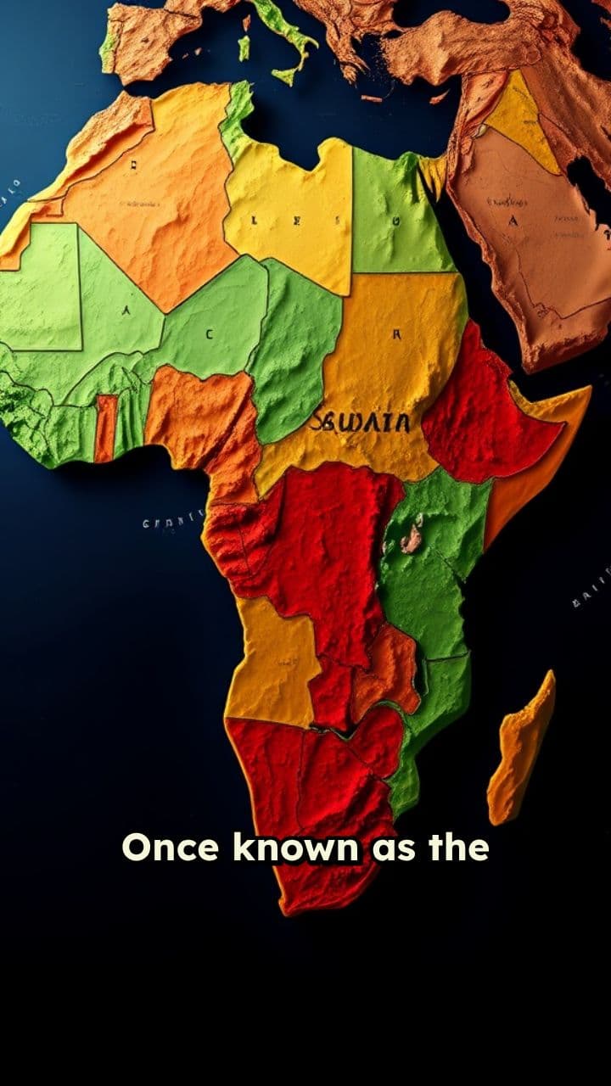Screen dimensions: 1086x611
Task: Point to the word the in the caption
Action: point(459,847)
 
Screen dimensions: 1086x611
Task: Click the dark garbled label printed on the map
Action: point(361,421)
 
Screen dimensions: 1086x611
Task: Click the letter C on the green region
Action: point(208,334)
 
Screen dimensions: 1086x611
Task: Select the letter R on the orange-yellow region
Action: point(395,334)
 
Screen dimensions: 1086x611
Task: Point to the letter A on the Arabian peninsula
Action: point(512,221)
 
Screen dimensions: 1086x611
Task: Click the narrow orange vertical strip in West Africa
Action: point(106,428)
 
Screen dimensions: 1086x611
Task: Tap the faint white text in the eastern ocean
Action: point(592,590)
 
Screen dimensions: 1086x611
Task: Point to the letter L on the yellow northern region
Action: point(252,221)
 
